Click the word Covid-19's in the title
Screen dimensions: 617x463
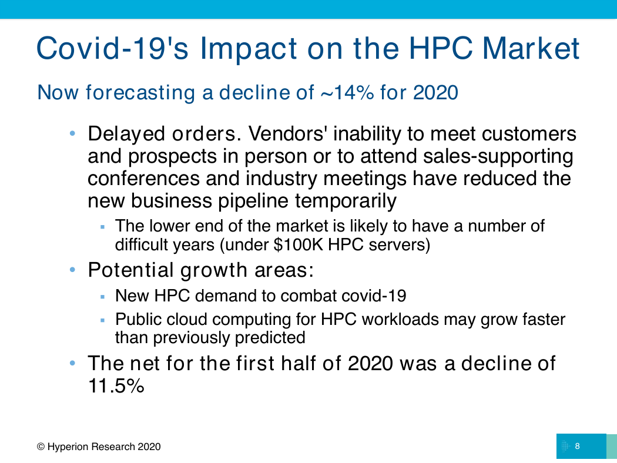[x=113, y=48]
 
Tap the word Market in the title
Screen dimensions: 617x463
[x=531, y=48]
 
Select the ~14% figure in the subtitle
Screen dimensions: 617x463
[x=347, y=92]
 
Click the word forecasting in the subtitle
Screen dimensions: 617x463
[x=140, y=93]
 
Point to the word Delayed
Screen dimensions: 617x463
[x=126, y=135]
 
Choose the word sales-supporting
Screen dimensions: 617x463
[x=498, y=157]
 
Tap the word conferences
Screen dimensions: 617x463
[x=143, y=178]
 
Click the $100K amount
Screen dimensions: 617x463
[x=299, y=244]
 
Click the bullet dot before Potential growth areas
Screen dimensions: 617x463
[x=72, y=270]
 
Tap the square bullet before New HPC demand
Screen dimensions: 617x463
[x=103, y=297]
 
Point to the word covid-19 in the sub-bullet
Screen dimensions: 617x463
[x=374, y=296]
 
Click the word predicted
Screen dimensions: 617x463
[x=270, y=338]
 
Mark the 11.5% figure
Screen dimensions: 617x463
[x=116, y=385]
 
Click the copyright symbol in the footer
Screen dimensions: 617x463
[x=41, y=447]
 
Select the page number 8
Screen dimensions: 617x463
[x=577, y=446]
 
